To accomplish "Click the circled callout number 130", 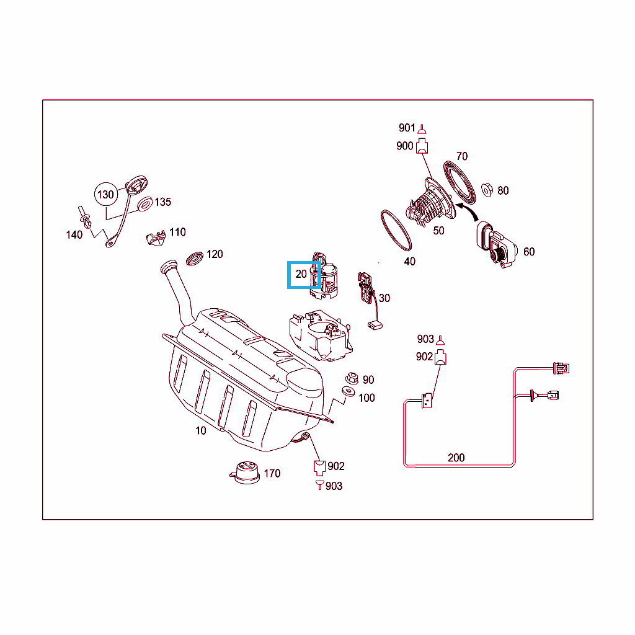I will pos(106,194).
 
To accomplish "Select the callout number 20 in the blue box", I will pos(301,274).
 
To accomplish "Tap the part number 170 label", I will pos(272,473).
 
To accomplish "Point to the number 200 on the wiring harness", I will pos(456,458).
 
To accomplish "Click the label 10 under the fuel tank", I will pos(201,430).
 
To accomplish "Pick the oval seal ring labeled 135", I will pos(144,204).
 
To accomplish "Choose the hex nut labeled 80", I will pos(487,189).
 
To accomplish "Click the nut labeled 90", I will pos(350,377).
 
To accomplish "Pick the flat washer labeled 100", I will pos(349,392).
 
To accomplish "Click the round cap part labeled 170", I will pos(245,472).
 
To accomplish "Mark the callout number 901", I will pos(407,128).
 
